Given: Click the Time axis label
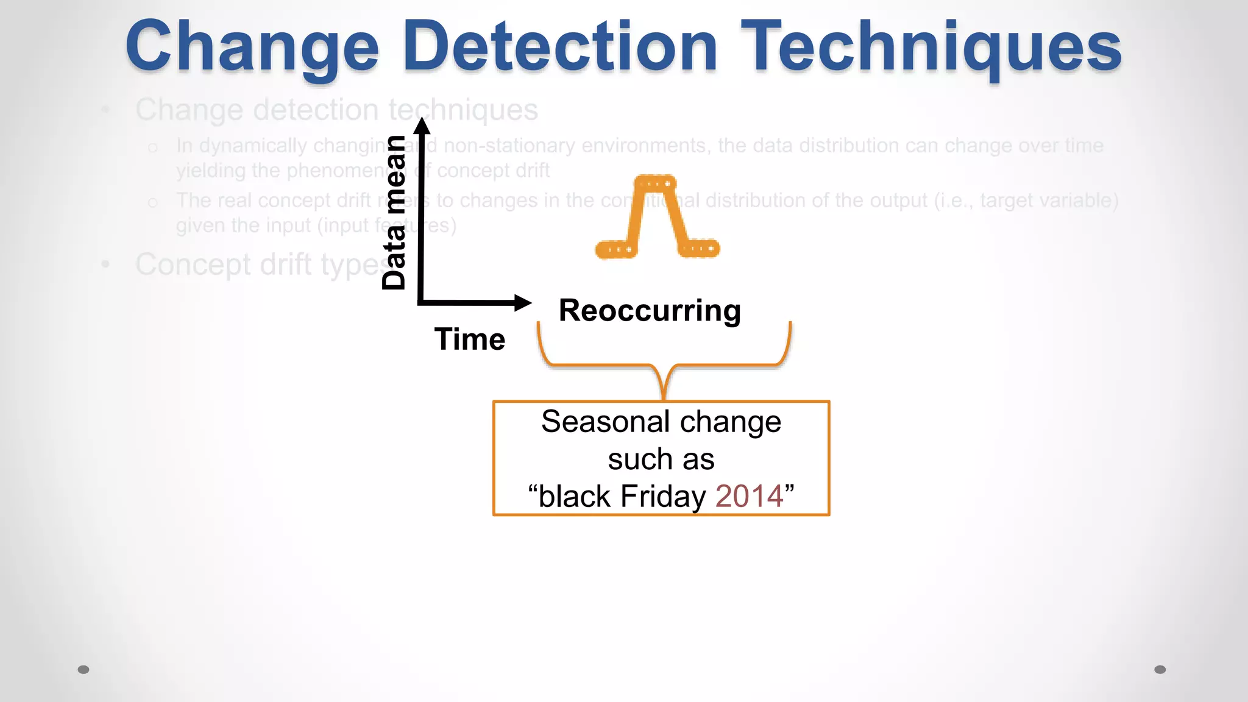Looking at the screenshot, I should point(469,339).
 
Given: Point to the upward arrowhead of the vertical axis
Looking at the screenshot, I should point(422,125).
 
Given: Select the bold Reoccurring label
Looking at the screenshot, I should point(650,311).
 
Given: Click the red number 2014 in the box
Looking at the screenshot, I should point(749,496).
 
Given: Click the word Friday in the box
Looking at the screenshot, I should point(662,496).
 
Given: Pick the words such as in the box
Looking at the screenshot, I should point(661,459).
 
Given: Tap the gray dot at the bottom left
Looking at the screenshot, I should point(83,670).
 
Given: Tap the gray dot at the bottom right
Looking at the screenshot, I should point(1160,670).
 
